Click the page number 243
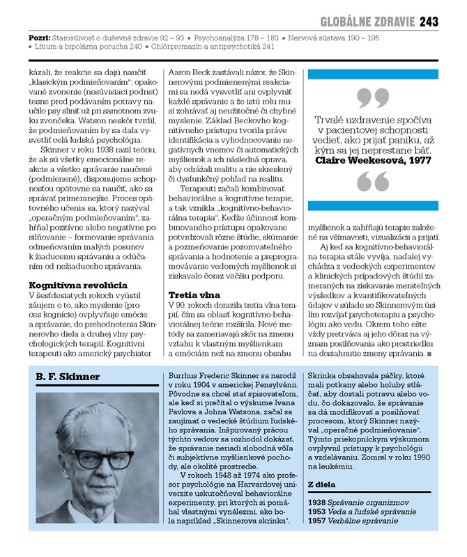point(429,22)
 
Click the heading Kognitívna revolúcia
point(78,285)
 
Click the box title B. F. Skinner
point(68,377)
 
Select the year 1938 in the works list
point(318,501)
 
